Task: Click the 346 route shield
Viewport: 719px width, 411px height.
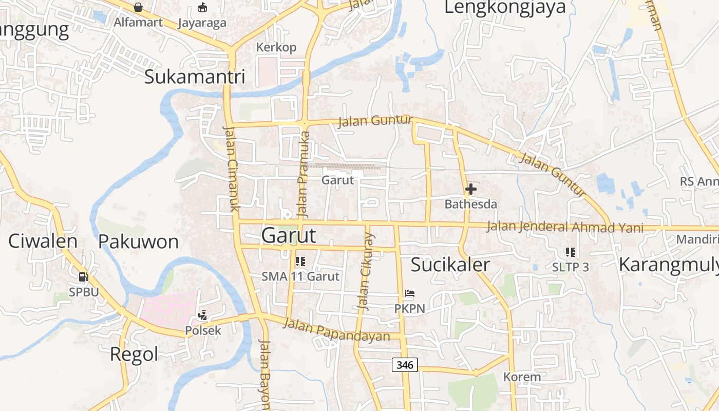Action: (x=405, y=365)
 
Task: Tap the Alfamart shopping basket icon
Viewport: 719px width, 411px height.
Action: (x=138, y=7)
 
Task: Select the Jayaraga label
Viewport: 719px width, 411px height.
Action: (x=202, y=23)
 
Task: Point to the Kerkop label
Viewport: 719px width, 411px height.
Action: (x=276, y=47)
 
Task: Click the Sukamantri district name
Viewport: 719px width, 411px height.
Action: (x=195, y=77)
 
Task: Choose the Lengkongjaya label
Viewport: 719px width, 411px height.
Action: (x=504, y=7)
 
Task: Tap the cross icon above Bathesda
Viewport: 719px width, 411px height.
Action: (x=470, y=189)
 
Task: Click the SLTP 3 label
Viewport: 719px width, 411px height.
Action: (x=570, y=267)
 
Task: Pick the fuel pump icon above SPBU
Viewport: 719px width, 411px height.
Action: (x=83, y=277)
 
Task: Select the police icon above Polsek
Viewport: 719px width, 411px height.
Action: (x=203, y=315)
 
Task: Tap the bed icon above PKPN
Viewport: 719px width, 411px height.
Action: (x=409, y=294)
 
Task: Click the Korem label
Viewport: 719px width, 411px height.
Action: (x=522, y=377)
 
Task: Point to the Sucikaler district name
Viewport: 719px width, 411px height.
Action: (x=450, y=265)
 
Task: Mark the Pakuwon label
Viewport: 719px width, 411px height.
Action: (x=138, y=241)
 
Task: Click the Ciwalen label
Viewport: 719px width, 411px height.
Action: (x=43, y=241)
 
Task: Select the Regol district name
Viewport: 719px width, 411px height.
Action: (x=134, y=354)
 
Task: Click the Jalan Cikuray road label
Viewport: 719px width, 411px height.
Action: (x=366, y=271)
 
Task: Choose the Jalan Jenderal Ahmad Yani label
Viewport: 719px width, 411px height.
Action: (x=565, y=227)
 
